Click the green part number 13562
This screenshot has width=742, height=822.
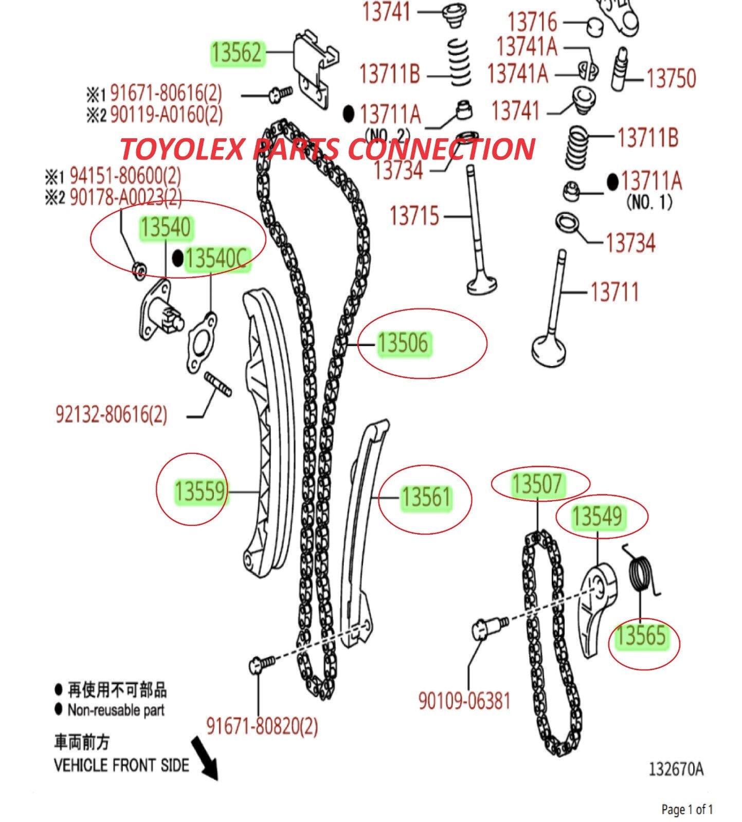(237, 53)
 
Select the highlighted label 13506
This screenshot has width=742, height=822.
(403, 343)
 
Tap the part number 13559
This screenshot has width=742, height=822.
(200, 491)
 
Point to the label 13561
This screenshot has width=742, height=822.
(426, 498)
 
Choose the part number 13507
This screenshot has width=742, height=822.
(537, 484)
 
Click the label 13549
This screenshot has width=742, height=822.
(597, 516)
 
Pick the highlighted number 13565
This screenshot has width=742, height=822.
(641, 635)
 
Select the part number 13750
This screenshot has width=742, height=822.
(671, 78)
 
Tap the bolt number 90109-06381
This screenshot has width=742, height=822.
(464, 701)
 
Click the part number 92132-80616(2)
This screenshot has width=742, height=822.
(112, 414)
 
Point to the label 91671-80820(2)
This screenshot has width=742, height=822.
(262, 726)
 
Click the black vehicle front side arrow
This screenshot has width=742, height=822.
(205, 758)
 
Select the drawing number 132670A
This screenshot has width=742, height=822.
(676, 769)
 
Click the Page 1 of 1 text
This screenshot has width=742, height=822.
(687, 810)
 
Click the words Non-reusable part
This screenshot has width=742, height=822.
(116, 710)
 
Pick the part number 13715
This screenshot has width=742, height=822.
(414, 216)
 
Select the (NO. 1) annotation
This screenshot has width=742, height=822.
(649, 202)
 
